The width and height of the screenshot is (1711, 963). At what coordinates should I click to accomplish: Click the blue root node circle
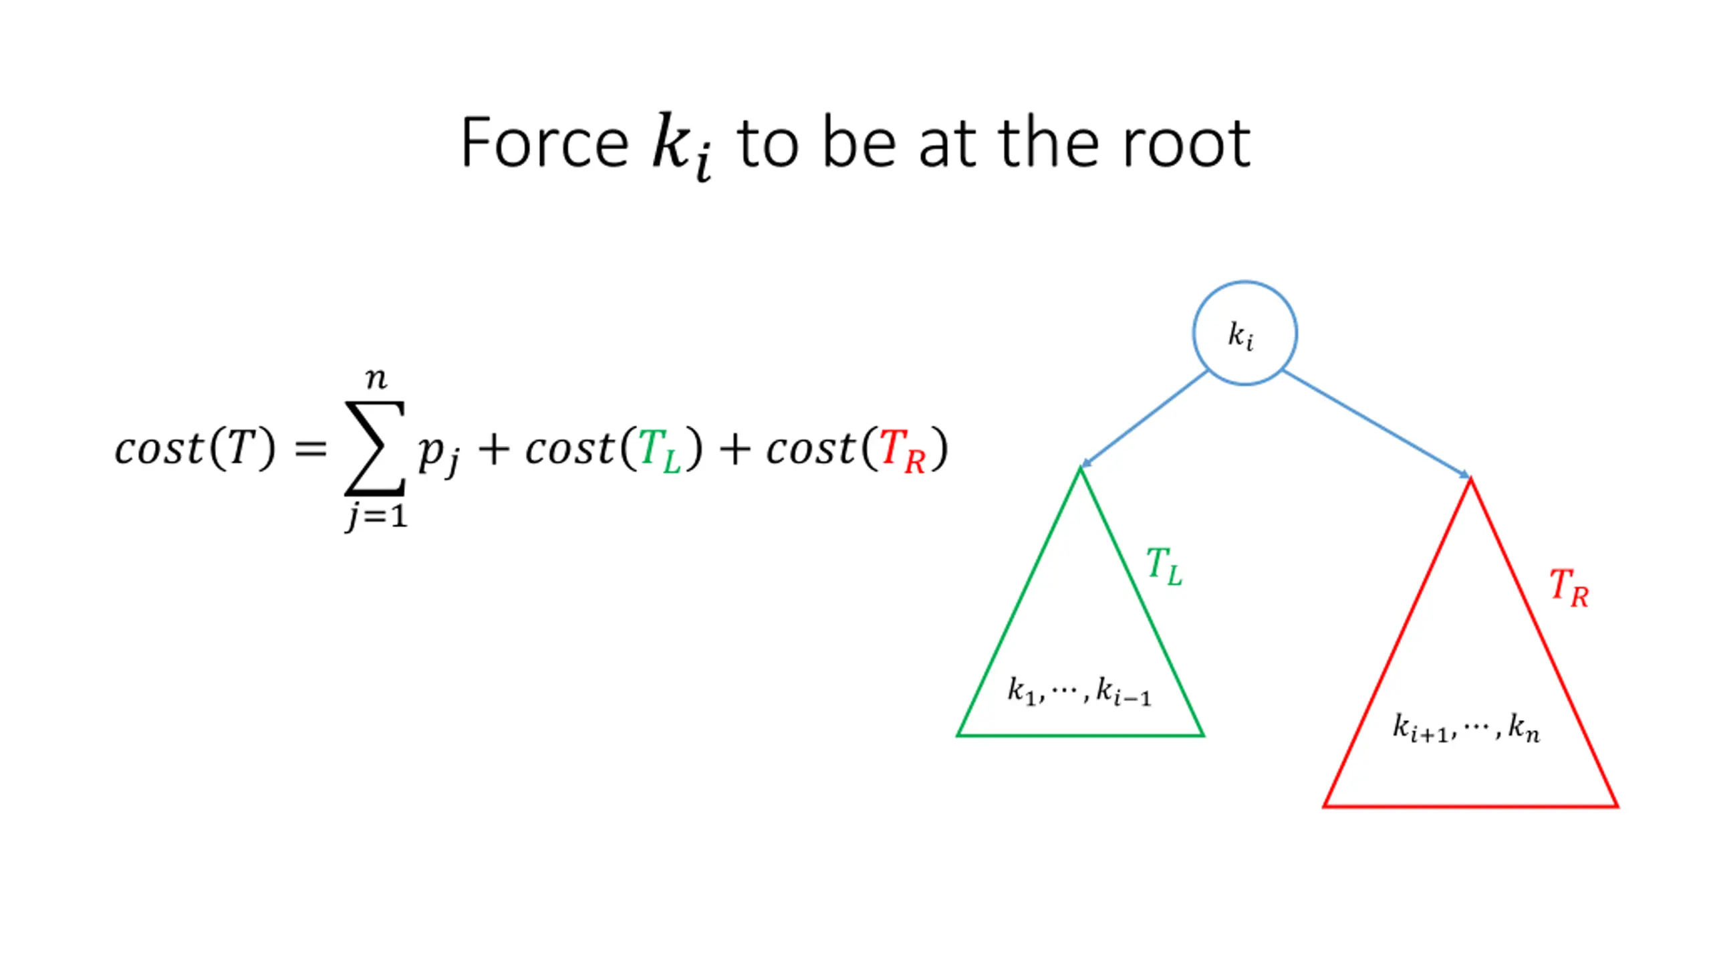click(x=1244, y=333)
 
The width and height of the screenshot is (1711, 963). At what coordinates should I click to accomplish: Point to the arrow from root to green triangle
click(x=1144, y=419)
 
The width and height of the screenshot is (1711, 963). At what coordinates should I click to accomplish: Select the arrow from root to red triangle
click(x=1377, y=424)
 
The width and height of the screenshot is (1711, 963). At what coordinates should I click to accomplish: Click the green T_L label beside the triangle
click(x=1164, y=566)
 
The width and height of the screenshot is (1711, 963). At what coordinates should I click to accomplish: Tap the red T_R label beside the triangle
click(x=1568, y=588)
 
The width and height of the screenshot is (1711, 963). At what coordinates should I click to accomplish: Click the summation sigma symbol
click(x=375, y=448)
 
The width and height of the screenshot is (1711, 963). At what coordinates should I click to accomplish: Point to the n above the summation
click(x=376, y=380)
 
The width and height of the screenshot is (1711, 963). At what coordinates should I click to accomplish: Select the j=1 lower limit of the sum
click(x=376, y=517)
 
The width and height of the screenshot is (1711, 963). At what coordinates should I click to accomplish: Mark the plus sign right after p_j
click(x=494, y=449)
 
